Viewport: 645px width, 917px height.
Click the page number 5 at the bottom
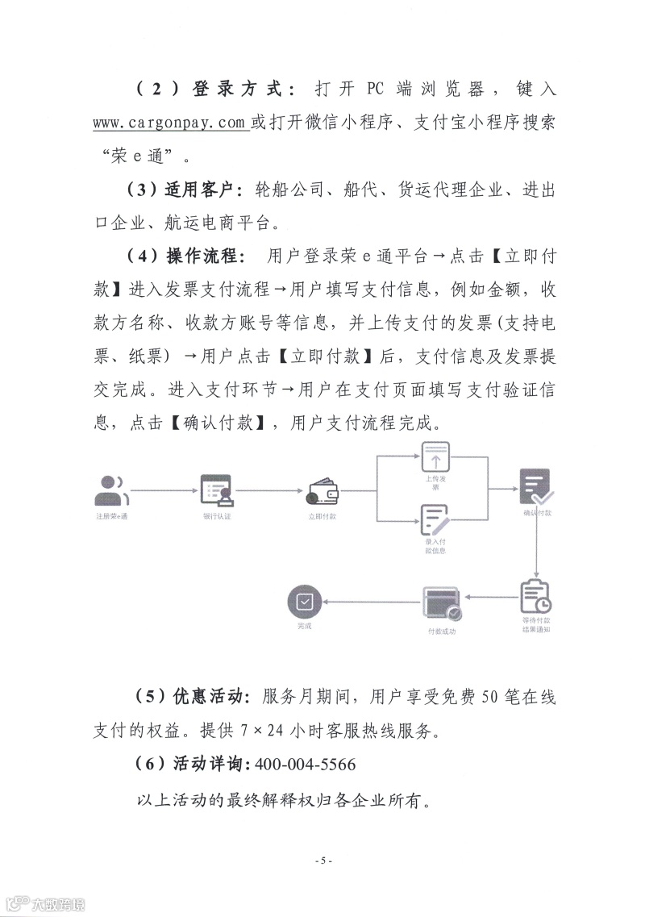click(x=322, y=861)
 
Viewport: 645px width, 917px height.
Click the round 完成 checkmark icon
click(x=304, y=602)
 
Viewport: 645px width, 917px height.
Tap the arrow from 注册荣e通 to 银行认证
click(x=161, y=490)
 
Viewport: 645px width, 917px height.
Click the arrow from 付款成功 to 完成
click(x=371, y=598)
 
